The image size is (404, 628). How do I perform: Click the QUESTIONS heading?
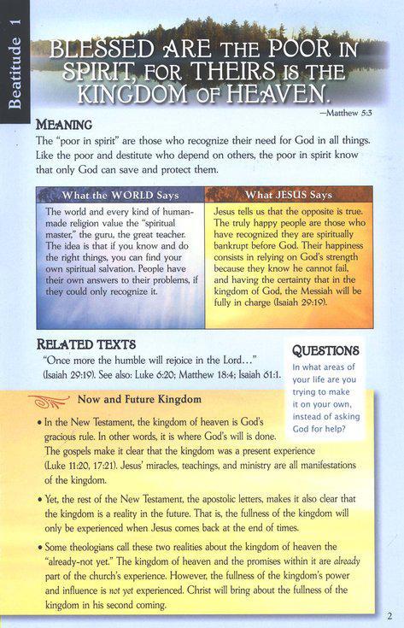click(325, 350)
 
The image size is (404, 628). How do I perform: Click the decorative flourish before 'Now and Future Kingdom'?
click(60, 398)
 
